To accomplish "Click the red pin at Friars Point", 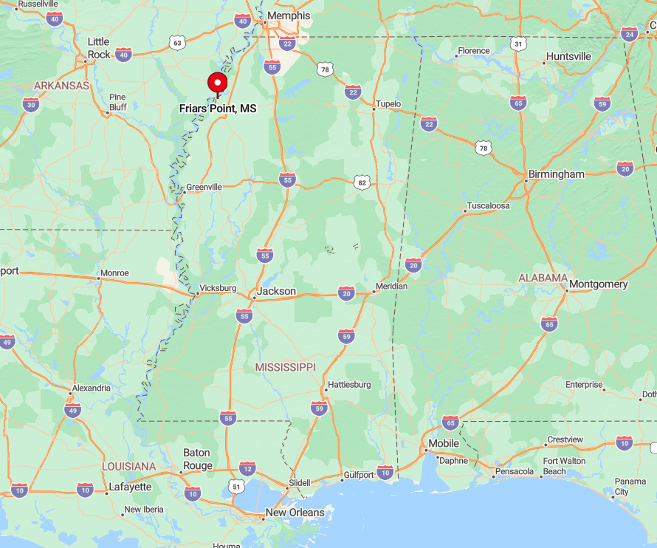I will tap(217, 83).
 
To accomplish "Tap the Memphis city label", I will tap(289, 16).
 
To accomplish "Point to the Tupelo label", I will tap(388, 104).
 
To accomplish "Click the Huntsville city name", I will tap(568, 56).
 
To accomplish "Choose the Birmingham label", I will tap(557, 174).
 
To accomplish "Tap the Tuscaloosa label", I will tap(488, 206).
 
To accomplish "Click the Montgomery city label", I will tap(598, 284).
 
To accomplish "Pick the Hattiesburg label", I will tap(349, 385).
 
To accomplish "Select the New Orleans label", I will tap(295, 513).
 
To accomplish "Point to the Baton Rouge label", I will tap(196, 459).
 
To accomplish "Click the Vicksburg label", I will tap(218, 288).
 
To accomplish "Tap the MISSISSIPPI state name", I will tap(285, 367).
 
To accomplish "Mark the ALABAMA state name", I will tap(543, 278).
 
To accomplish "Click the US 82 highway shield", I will tap(361, 182).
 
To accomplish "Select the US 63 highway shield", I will tap(176, 43).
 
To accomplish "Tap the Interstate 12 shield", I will tap(247, 468).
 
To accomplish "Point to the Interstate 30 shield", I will tap(30, 105).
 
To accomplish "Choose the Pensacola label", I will tap(515, 471).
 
